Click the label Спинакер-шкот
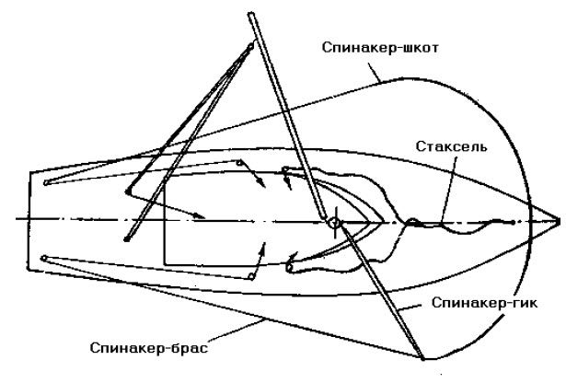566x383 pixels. [x=380, y=48]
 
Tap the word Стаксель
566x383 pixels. [x=451, y=146]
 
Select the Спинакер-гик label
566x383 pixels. [x=484, y=303]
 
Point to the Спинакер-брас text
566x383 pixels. [x=149, y=348]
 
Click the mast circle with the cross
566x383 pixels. [x=335, y=223]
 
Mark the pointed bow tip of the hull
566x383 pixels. [x=559, y=220]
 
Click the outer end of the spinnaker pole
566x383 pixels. [x=422, y=357]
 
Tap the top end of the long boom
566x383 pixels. [x=251, y=15]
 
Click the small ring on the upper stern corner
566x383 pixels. [x=46, y=182]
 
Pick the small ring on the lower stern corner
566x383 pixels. [x=43, y=258]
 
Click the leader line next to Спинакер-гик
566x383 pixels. [x=410, y=308]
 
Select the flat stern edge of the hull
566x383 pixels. [x=29, y=221]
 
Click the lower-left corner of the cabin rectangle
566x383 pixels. [x=164, y=264]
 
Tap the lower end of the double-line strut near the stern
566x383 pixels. [x=126, y=239]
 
